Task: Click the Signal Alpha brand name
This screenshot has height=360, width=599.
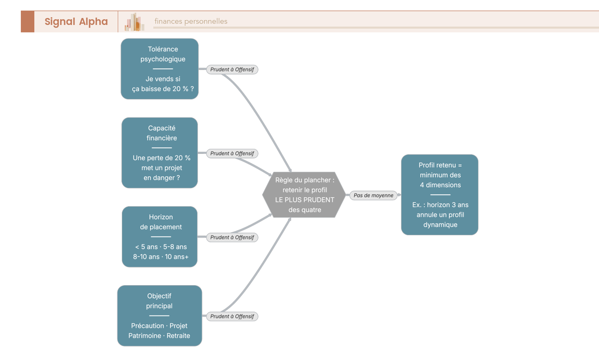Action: pyautogui.click(x=76, y=21)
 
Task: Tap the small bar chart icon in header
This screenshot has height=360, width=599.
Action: pyautogui.click(x=134, y=22)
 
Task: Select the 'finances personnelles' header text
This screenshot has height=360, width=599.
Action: pyautogui.click(x=191, y=21)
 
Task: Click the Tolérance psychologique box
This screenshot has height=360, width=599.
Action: pyautogui.click(x=160, y=69)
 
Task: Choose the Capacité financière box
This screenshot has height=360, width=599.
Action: pyautogui.click(x=160, y=153)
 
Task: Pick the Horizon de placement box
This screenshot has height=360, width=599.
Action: pyautogui.click(x=160, y=237)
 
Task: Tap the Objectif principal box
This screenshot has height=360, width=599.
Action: pyautogui.click(x=160, y=316)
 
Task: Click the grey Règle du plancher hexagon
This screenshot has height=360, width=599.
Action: pyautogui.click(x=304, y=195)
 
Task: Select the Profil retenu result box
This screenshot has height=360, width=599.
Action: pyautogui.click(x=440, y=195)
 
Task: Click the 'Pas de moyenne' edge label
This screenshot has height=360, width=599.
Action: pyautogui.click(x=373, y=195)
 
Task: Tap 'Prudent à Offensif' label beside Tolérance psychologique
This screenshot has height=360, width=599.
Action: pyautogui.click(x=232, y=69)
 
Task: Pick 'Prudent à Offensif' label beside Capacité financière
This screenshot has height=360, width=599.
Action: pyautogui.click(x=232, y=153)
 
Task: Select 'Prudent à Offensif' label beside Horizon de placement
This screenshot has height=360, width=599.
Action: pyautogui.click(x=232, y=238)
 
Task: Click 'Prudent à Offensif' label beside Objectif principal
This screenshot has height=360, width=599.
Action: pyautogui.click(x=232, y=317)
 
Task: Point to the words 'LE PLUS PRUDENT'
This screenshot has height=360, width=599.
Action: pyautogui.click(x=304, y=200)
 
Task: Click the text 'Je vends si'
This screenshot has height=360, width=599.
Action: pyautogui.click(x=163, y=79)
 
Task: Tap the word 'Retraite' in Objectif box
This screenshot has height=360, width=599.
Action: pyautogui.click(x=178, y=336)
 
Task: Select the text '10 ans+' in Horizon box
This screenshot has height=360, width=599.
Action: pyautogui.click(x=177, y=257)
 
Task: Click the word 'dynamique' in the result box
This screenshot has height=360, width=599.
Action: pyautogui.click(x=440, y=225)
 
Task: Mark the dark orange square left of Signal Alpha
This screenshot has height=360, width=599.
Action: pyautogui.click(x=27, y=21)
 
